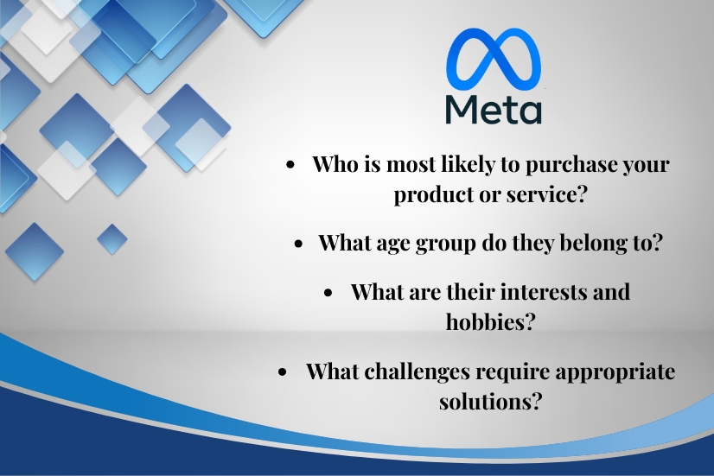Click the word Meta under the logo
pyautogui.click(x=494, y=110)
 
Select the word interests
pyautogui.click(x=547, y=292)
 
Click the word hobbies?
pyautogui.click(x=489, y=321)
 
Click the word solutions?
pyautogui.click(x=490, y=401)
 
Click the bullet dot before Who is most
pyautogui.click(x=290, y=166)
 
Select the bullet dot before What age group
pyautogui.click(x=299, y=244)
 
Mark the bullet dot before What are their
pyautogui.click(x=328, y=294)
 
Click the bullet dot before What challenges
pyautogui.click(x=283, y=372)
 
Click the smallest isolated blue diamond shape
pyautogui.click(x=112, y=239)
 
